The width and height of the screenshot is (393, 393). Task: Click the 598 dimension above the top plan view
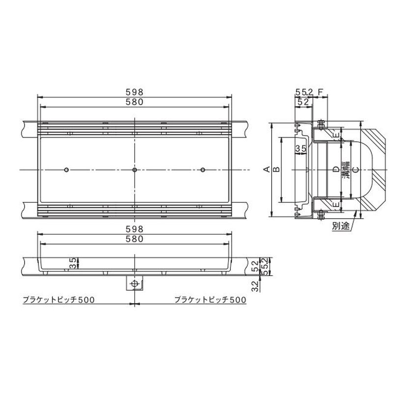[134, 92]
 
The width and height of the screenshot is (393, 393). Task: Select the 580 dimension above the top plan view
[134, 102]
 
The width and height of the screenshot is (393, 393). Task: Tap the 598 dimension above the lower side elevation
[134, 229]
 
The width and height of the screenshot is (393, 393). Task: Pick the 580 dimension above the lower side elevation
[134, 239]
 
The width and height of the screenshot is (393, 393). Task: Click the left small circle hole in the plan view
[66, 170]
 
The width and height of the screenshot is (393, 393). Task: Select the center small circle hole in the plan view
[135, 170]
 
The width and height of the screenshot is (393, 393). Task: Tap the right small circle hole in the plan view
[203, 170]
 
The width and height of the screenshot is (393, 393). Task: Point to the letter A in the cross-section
[267, 169]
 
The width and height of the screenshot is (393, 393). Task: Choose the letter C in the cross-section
[355, 169]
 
